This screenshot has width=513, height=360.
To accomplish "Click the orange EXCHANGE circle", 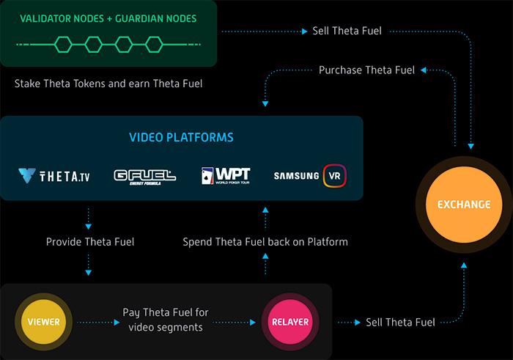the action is coord(464,205).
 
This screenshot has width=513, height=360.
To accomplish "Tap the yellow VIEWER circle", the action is coord(43,322).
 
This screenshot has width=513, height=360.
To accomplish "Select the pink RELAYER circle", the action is coord(290,322).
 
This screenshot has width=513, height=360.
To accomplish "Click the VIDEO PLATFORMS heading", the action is coord(181,137).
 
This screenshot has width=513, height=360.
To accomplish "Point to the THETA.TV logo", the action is coord(54,176).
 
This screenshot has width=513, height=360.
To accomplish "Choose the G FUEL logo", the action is coord(145,177).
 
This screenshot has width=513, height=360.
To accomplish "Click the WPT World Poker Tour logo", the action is coord(226,176).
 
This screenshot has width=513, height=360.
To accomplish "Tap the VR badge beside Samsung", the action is coord(334,176).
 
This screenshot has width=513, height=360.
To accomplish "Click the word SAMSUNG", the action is coord(296,176).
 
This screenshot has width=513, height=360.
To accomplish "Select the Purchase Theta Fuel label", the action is coord(366,70).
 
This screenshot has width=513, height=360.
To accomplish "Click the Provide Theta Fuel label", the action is coord(90,242).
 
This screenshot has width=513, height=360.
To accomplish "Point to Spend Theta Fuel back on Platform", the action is coord(265,242).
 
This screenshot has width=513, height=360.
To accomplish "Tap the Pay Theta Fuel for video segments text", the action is coord(166,320).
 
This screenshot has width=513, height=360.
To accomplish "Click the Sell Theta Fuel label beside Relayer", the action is coord(400,323).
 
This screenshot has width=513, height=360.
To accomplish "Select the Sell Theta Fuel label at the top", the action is coord(347,31).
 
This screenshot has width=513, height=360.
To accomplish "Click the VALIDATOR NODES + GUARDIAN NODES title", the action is coord(108,18).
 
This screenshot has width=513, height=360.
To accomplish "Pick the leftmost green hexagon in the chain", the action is coord(63,45).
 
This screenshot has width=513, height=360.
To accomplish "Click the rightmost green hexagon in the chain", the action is coord(154,45).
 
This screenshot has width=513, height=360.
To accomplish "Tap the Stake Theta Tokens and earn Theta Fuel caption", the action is coord(108,84).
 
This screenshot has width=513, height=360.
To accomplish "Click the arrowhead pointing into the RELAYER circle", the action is coord(253,323).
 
